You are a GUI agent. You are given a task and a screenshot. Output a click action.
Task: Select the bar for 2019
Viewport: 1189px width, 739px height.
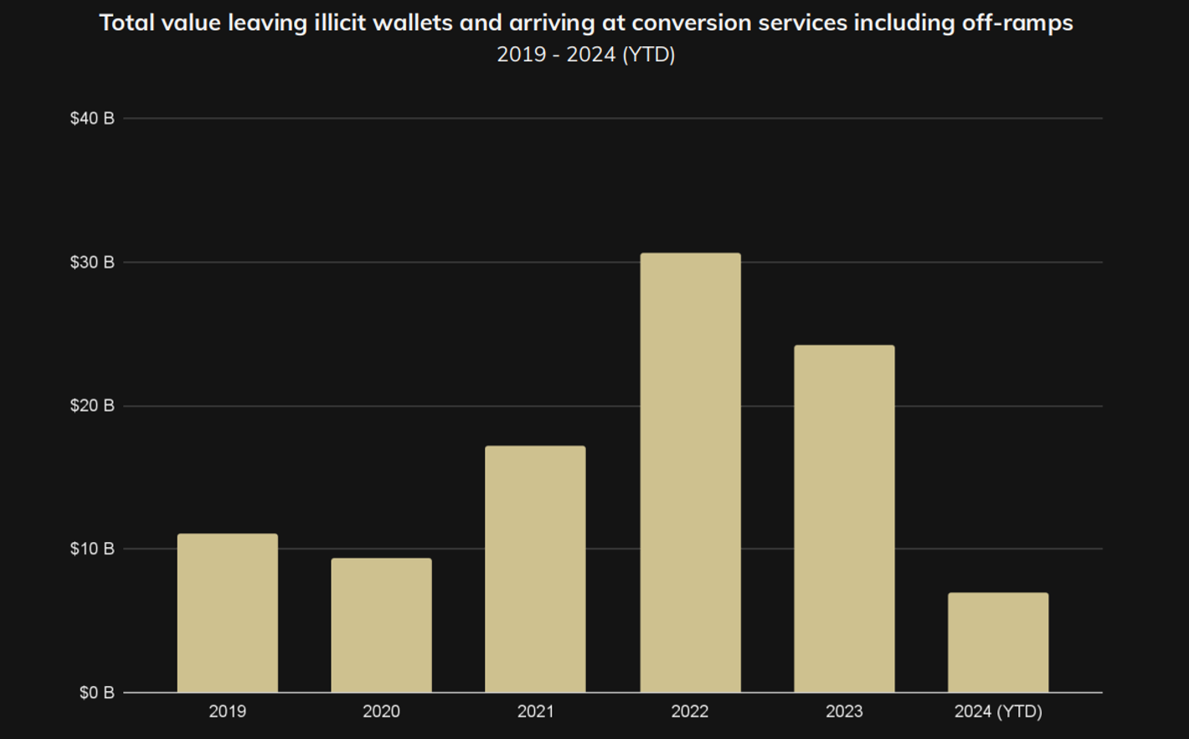(227, 612)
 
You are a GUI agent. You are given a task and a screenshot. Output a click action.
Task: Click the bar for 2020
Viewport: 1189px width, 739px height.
(381, 625)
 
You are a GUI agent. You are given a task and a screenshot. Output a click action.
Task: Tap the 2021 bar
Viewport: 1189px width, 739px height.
(535, 569)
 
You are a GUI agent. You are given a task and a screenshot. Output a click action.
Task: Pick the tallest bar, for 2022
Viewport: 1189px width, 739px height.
(690, 473)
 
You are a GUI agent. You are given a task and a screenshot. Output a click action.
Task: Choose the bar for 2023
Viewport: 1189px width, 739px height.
(844, 519)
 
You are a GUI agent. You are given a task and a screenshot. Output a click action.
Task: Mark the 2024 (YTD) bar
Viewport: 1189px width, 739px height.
(998, 643)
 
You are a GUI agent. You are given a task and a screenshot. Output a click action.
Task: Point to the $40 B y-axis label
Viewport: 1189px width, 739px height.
(92, 119)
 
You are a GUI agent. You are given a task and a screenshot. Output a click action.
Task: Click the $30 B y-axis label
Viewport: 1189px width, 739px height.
(92, 263)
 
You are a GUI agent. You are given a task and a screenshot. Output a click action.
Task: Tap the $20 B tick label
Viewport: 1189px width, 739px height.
(92, 406)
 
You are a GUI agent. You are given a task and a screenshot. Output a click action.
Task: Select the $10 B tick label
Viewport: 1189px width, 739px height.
(92, 550)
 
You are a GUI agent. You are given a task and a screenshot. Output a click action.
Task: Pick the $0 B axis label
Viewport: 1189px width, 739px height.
(96, 693)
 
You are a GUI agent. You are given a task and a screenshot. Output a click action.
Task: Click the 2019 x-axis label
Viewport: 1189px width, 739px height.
(227, 712)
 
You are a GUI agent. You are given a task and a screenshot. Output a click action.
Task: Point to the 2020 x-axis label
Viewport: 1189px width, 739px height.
(381, 712)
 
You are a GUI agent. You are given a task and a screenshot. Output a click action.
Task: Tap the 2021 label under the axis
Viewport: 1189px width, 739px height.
(535, 712)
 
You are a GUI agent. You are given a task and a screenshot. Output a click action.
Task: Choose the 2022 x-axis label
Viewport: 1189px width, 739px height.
(690, 712)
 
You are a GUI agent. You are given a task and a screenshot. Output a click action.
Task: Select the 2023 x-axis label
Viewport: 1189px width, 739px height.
(844, 712)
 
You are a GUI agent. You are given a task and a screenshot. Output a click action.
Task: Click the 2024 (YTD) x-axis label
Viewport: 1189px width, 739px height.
(998, 712)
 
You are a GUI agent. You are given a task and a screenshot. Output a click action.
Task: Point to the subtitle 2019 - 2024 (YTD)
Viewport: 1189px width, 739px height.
(586, 54)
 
